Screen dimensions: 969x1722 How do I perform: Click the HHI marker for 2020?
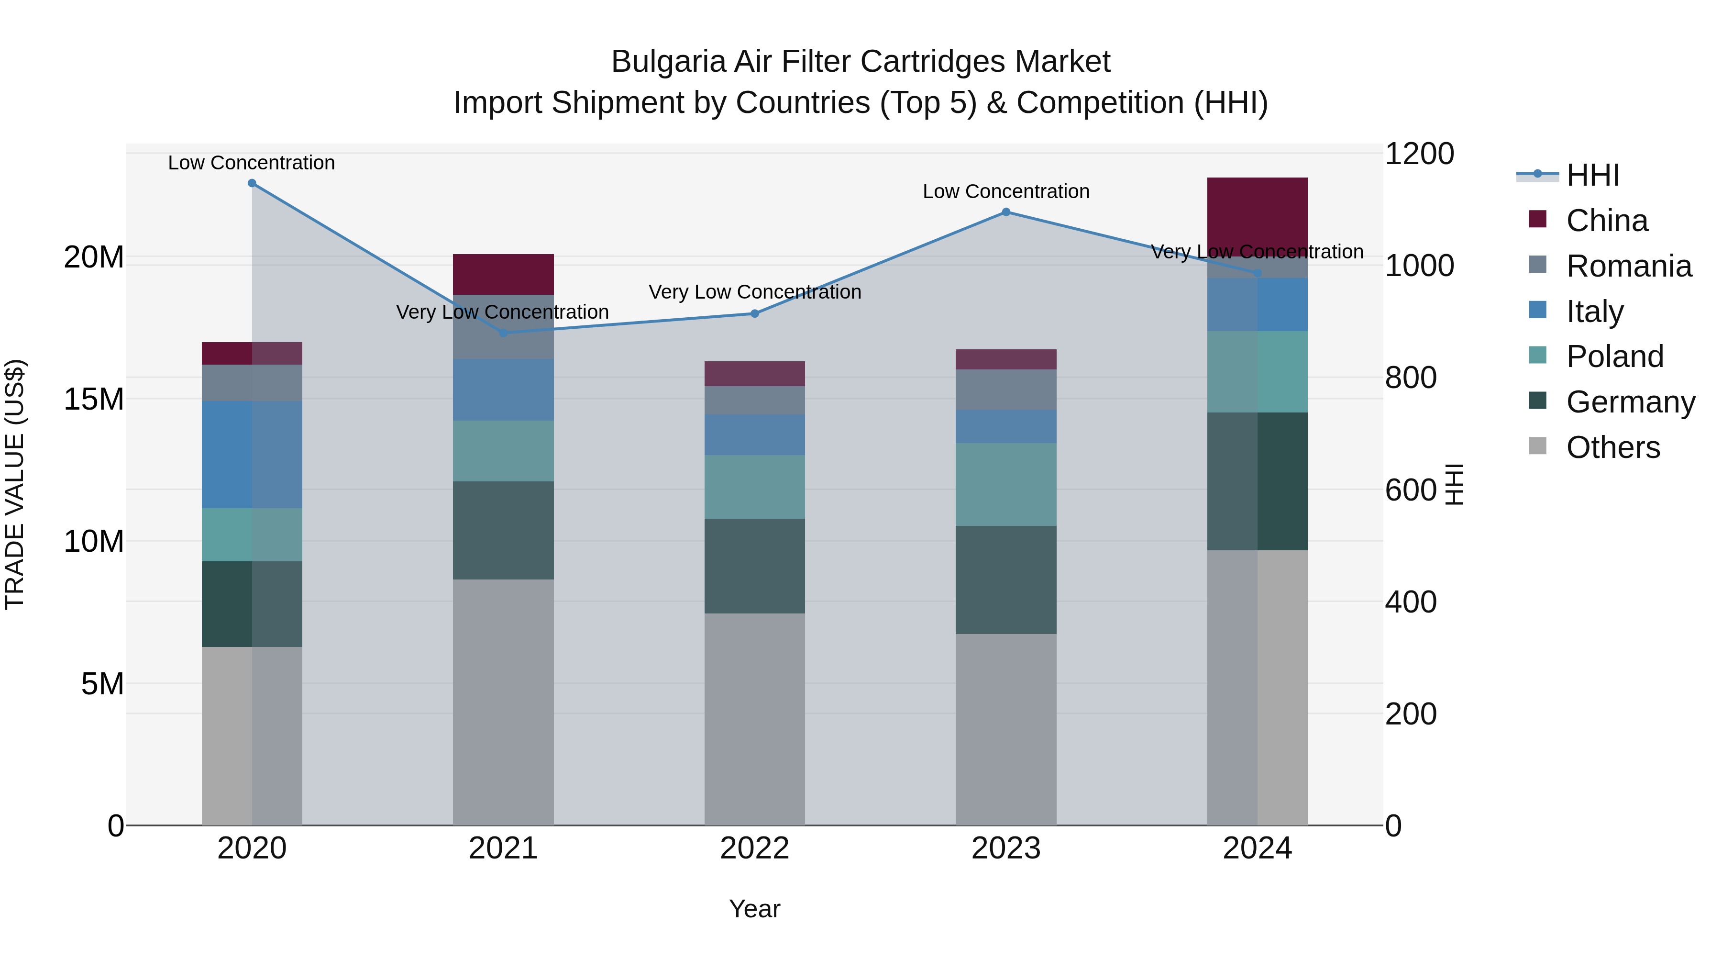[252, 183]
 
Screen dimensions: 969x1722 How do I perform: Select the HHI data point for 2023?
[1006, 212]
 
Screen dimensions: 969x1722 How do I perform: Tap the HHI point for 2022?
[755, 313]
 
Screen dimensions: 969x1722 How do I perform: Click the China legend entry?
[1607, 221]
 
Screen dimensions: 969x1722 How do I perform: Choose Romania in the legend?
[1628, 266]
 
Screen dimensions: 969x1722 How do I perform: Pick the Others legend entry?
[1612, 447]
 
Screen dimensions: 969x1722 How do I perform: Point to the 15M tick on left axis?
[94, 399]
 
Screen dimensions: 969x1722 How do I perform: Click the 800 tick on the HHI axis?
[1411, 378]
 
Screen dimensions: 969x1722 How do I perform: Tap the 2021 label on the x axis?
[503, 848]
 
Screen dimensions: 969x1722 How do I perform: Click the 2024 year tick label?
[1258, 848]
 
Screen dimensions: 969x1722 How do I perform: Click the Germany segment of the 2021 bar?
[503, 530]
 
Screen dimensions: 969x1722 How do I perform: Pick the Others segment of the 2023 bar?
[1006, 729]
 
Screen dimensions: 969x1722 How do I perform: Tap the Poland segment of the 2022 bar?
[755, 487]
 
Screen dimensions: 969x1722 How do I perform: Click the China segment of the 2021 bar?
[503, 274]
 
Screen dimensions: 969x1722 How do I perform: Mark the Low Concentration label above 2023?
[1006, 192]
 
